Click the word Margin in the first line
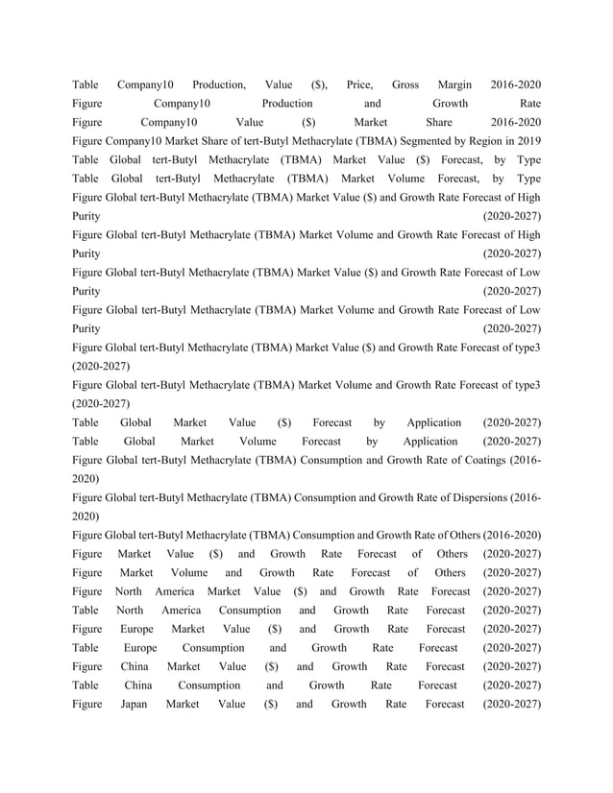click(x=454, y=84)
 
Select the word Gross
click(x=405, y=84)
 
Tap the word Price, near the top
click(x=358, y=84)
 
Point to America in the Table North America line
click(x=181, y=610)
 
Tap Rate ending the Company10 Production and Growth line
click(x=529, y=103)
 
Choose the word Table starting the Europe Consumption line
click(x=86, y=648)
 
